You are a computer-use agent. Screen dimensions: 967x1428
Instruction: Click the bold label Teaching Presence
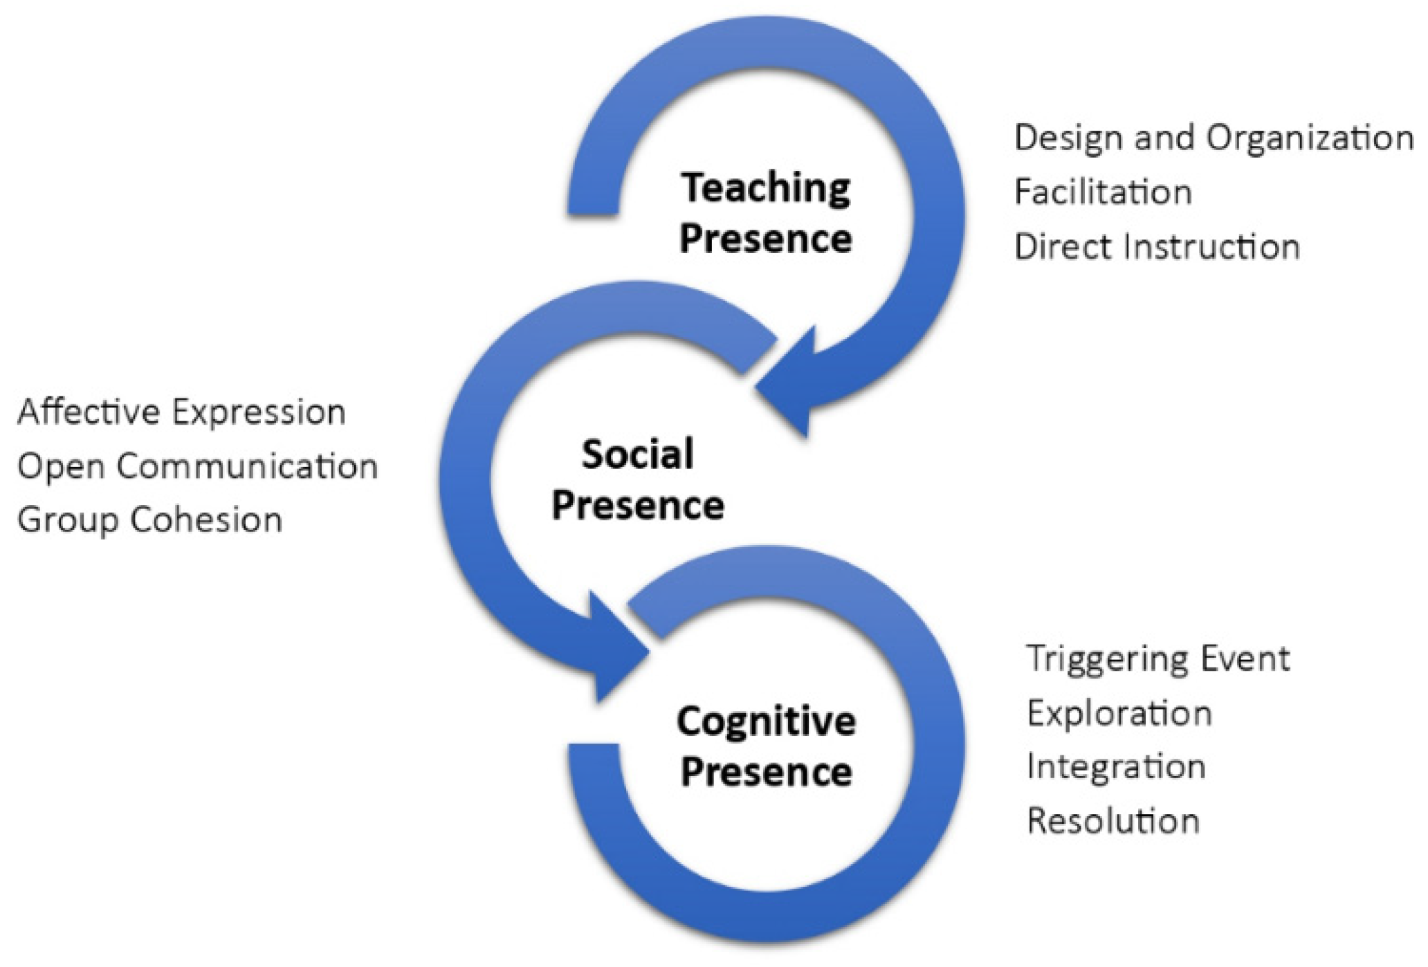pyautogui.click(x=766, y=213)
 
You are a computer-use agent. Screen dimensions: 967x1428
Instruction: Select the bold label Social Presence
pyautogui.click(x=637, y=479)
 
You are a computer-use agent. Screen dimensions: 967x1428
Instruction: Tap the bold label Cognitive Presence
pyautogui.click(x=766, y=746)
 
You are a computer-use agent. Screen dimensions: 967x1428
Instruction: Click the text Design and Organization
pyautogui.click(x=1214, y=138)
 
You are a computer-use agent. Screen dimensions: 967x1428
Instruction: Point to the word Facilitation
pyautogui.click(x=1103, y=192)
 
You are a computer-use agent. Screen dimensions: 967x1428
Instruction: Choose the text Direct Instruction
pyautogui.click(x=1157, y=247)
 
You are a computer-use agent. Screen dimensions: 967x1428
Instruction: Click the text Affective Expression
pyautogui.click(x=181, y=412)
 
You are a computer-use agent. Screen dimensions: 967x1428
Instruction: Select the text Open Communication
pyautogui.click(x=198, y=466)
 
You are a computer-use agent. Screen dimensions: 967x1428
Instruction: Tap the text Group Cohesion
pyautogui.click(x=149, y=520)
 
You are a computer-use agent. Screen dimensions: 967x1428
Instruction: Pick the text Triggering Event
pyautogui.click(x=1158, y=659)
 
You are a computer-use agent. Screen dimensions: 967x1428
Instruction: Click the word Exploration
pyautogui.click(x=1119, y=713)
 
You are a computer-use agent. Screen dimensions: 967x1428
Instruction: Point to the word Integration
pyautogui.click(x=1116, y=767)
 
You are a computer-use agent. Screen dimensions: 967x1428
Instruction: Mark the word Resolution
pyautogui.click(x=1113, y=821)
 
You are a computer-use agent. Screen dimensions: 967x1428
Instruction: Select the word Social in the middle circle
pyautogui.click(x=637, y=454)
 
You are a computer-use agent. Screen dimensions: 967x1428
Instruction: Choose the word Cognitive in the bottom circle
pyautogui.click(x=766, y=721)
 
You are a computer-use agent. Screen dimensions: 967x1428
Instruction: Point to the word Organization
pyautogui.click(x=1310, y=138)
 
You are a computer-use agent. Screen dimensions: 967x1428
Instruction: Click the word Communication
pyautogui.click(x=247, y=466)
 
